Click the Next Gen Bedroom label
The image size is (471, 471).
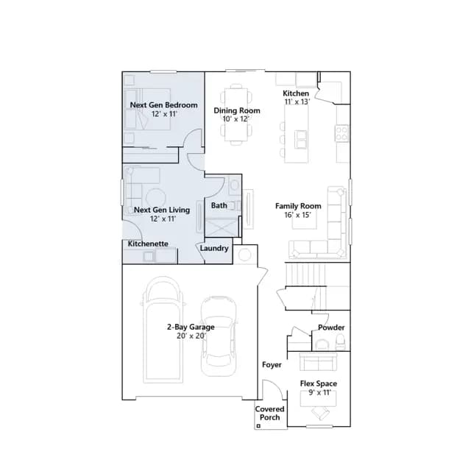click(163, 105)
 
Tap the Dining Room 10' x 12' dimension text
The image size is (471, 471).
click(236, 119)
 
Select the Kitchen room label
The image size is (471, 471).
click(296, 93)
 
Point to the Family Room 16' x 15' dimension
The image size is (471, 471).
click(297, 215)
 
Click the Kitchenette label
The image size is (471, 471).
click(148, 244)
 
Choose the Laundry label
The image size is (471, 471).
click(214, 249)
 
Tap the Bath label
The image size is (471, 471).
click(219, 205)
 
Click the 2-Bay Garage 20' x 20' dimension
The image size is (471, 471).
click(191, 336)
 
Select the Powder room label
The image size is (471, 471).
click(331, 327)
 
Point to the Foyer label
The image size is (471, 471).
click(272, 365)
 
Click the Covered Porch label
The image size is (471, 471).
click(270, 414)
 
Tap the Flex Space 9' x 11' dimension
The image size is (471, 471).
click(319, 392)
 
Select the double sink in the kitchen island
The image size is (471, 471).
click(300, 139)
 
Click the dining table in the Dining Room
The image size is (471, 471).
click(236, 114)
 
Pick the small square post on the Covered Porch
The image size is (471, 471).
click(258, 425)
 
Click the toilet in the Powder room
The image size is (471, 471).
click(340, 343)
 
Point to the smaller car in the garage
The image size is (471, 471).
click(219, 336)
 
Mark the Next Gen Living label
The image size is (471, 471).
click(162, 210)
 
